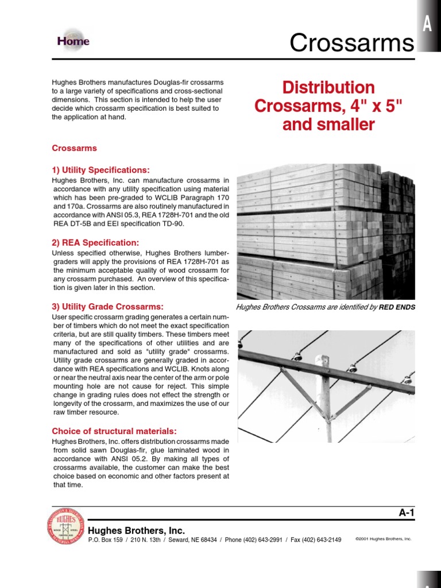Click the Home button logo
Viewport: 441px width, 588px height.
click(x=73, y=41)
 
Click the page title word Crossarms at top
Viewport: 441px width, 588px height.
click(x=351, y=42)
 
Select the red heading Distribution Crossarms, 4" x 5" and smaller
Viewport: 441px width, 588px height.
click(x=328, y=106)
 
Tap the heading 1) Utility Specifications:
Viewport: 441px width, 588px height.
click(x=100, y=170)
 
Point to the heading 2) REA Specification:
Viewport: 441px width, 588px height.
click(x=95, y=243)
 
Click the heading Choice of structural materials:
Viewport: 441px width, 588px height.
click(x=114, y=431)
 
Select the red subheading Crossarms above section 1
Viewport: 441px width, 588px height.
click(x=74, y=148)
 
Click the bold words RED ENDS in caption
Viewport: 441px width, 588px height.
click(x=397, y=307)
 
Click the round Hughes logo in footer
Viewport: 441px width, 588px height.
click(x=65, y=529)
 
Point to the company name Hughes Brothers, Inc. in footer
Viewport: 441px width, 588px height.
click(x=136, y=531)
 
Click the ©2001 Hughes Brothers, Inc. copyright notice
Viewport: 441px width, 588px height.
click(x=383, y=539)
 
